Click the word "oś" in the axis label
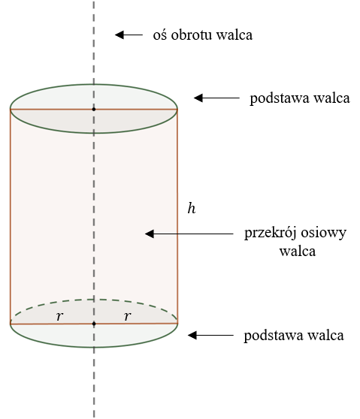pos(160,35)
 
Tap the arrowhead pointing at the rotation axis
pos(119,35)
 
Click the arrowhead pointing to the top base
pos(198,98)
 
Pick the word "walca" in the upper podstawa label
pos(332,98)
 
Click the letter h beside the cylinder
pos(192,209)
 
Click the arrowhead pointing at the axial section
pos(150,234)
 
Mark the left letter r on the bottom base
pos(59,316)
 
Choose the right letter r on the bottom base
pos(128,316)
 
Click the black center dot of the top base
pos(94,109)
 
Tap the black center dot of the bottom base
pos(94,324)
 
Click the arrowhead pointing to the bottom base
pos(192,335)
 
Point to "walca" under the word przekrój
pos(298,252)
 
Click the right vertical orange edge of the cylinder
pos(177,216)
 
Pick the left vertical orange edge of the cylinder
pos(11,216)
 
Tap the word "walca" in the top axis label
pos(234,35)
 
